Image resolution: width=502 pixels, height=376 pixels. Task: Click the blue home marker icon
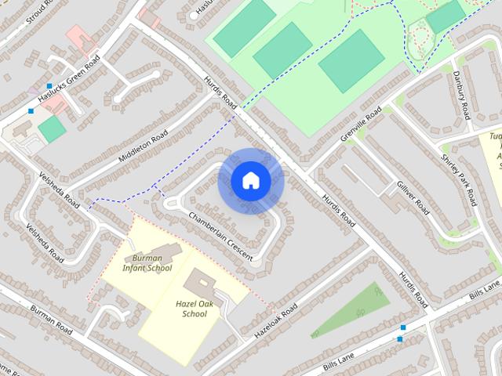tap(250, 181)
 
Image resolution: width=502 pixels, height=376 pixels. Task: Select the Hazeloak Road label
tap(275, 320)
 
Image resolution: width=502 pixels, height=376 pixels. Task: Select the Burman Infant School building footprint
tap(156, 254)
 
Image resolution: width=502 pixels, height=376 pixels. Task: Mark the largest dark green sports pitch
tap(351, 60)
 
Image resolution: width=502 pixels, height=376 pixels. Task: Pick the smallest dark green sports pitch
tap(446, 16)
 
